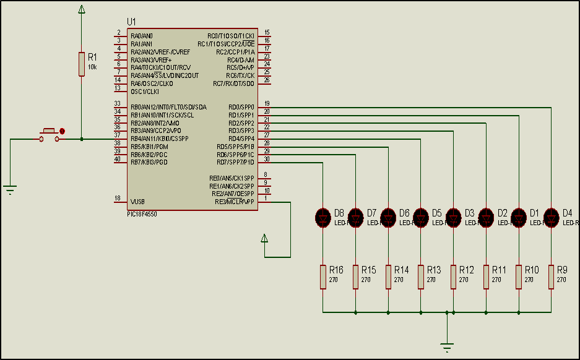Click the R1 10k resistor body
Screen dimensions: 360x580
click(81, 64)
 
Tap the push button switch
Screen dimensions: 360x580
click(50, 133)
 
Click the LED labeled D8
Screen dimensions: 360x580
click(323, 216)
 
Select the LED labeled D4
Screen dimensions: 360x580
click(551, 216)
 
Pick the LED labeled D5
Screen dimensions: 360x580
click(421, 216)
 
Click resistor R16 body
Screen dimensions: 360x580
click(323, 276)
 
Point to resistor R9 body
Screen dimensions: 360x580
click(551, 276)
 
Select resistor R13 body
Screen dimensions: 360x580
click(421, 276)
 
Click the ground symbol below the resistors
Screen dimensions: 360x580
click(446, 348)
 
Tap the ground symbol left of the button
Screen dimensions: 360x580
click(11, 189)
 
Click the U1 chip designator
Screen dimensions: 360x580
click(131, 22)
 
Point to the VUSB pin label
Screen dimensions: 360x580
click(138, 202)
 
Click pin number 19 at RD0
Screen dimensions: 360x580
click(266, 103)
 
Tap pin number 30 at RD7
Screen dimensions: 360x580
click(266, 159)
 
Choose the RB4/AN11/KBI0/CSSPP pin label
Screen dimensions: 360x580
click(159, 139)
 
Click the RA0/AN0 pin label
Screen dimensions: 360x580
click(142, 36)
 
